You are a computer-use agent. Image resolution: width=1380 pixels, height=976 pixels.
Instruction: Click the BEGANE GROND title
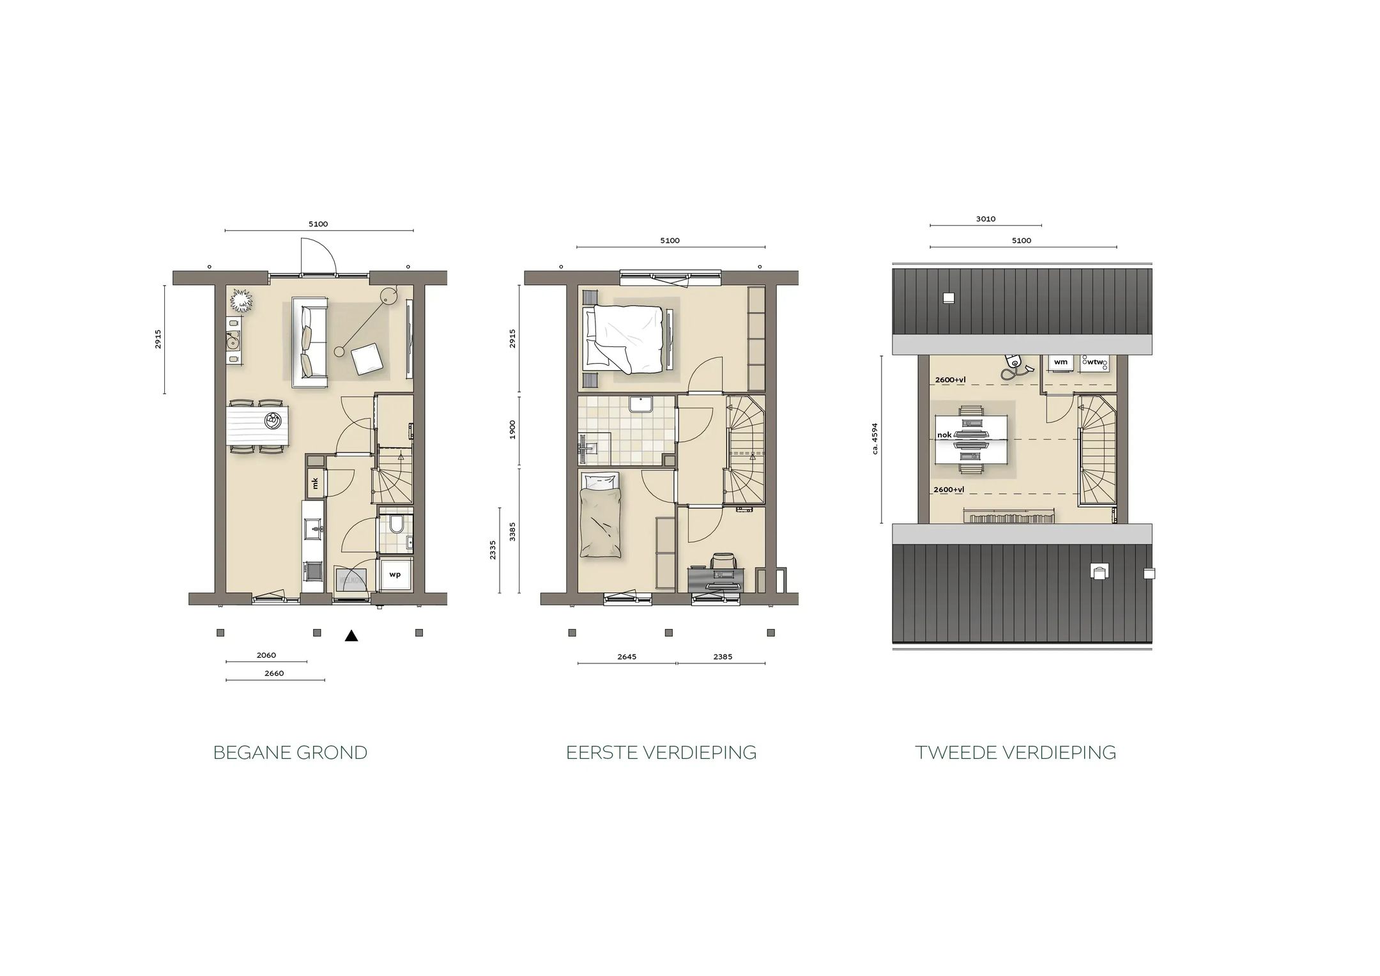pos(290,752)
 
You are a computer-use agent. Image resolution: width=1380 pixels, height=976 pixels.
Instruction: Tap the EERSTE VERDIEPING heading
pos(661,752)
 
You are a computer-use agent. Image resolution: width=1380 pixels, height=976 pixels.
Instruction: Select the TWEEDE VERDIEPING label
pos(1015,752)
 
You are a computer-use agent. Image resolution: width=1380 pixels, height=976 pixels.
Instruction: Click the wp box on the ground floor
pos(395,574)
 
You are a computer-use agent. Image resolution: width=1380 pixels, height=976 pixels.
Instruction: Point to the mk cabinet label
pos(315,483)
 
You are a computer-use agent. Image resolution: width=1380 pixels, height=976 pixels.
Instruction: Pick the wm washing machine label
pos(1061,362)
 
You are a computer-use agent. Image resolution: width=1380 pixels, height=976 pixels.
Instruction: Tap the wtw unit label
pos(1095,362)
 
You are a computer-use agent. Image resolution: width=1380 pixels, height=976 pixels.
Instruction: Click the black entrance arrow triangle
pos(351,635)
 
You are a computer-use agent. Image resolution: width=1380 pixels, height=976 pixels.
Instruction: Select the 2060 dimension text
pos(266,655)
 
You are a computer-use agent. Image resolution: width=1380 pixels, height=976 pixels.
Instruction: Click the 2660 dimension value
pos(274,673)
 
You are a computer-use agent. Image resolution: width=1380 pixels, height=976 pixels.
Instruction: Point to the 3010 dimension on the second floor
pos(986,219)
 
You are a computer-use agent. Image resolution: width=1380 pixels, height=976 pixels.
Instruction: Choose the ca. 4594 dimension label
pos(875,438)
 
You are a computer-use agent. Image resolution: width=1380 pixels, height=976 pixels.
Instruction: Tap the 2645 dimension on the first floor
pos(627,656)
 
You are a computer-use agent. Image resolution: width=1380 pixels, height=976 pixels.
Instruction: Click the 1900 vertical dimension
pos(512,430)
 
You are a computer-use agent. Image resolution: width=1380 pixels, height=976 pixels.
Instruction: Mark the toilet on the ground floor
pos(396,525)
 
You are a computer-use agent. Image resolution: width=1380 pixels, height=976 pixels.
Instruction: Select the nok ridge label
pos(944,435)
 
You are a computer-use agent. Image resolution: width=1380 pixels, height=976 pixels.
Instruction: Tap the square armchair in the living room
pos(369,359)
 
